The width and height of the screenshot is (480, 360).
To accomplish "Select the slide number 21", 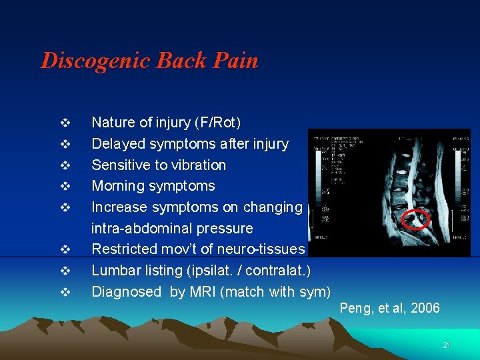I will (447, 345).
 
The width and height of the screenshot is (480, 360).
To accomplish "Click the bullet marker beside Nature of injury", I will (65, 123).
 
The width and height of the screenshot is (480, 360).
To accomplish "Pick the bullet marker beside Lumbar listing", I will (65, 271).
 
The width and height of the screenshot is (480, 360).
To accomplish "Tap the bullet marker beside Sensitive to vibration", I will (65, 165).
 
